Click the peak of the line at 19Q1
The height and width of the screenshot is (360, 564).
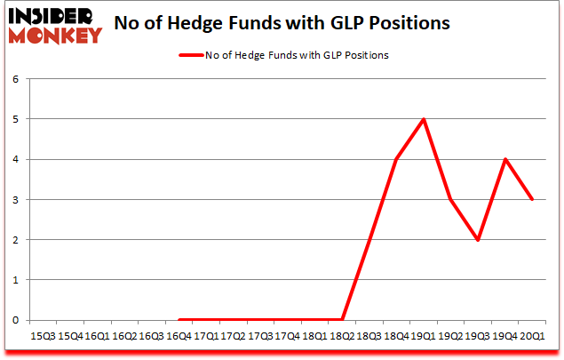pos(424,119)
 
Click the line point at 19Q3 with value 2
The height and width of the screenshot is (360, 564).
pos(478,240)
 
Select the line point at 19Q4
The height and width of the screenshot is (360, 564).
pos(505,159)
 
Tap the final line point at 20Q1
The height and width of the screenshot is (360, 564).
pos(533,199)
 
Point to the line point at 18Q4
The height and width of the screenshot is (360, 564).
pos(396,159)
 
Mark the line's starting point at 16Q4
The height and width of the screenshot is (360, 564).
pos(179,320)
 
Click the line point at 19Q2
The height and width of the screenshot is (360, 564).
pos(451,199)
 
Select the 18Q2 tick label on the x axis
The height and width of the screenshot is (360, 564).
pos(342,336)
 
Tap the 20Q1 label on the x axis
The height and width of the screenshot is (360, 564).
pos(533,336)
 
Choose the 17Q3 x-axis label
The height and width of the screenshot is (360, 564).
pos(260,336)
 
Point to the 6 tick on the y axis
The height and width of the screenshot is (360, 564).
pos(16,78)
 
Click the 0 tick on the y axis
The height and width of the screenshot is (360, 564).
pos(16,320)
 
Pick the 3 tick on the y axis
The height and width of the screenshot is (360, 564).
pos(16,199)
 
